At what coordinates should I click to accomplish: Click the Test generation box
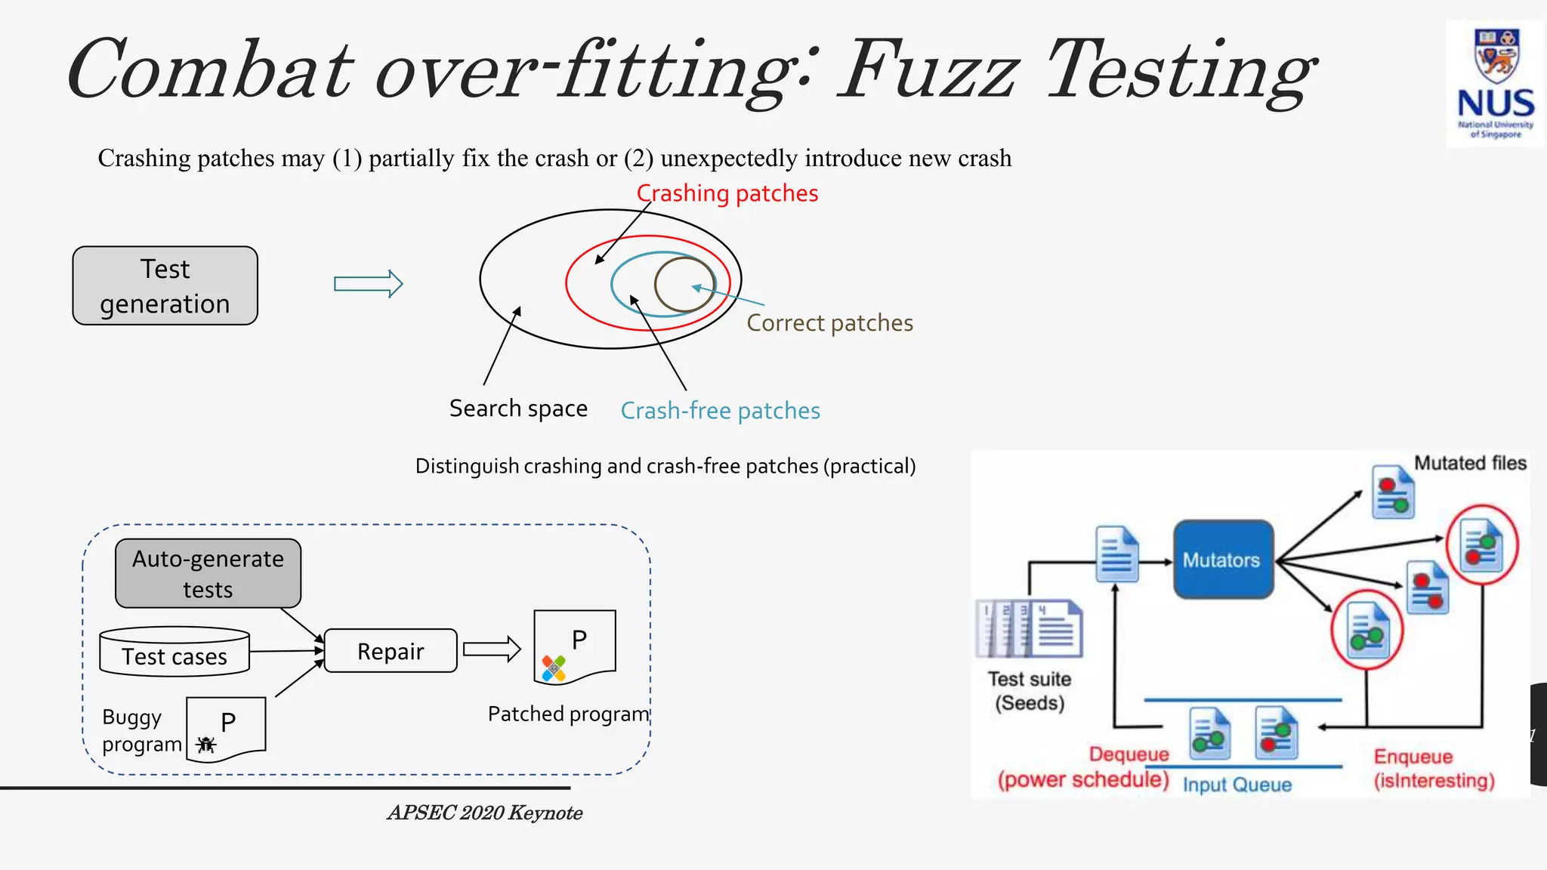click(x=165, y=286)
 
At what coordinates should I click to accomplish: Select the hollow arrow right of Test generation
click(x=369, y=284)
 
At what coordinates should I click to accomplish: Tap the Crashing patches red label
click(x=727, y=193)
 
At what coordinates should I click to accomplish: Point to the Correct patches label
click(x=829, y=323)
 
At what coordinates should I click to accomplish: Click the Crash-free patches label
click(x=720, y=411)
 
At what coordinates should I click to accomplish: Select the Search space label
click(x=518, y=409)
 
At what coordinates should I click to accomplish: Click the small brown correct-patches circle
click(x=684, y=285)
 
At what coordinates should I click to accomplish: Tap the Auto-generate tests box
click(x=208, y=573)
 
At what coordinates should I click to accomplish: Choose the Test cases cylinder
click(x=174, y=652)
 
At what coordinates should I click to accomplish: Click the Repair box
click(x=391, y=651)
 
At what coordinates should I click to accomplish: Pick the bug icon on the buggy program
click(x=205, y=745)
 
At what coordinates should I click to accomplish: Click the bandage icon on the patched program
click(x=554, y=668)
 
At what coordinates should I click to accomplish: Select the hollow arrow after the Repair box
click(x=492, y=649)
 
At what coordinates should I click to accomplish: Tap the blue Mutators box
click(x=1222, y=560)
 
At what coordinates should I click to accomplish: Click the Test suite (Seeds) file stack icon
click(x=1029, y=628)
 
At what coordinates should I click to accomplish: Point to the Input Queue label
click(x=1237, y=785)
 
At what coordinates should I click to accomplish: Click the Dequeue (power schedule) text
click(x=1084, y=767)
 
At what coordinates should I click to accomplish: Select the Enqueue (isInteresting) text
click(x=1433, y=769)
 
